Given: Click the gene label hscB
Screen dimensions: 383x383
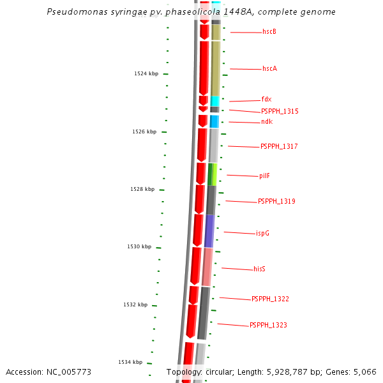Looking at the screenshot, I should pos(269,32).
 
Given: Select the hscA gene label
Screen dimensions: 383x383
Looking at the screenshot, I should pos(269,69).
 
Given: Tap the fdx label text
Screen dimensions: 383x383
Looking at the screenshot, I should pos(266,100).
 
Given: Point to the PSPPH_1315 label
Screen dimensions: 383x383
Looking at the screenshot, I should pos(280,112).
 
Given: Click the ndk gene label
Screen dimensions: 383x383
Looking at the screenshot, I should pos(266,122).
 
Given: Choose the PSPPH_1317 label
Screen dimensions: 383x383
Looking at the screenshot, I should pos(279,147).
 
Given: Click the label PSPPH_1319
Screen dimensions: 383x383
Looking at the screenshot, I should pos(276,202).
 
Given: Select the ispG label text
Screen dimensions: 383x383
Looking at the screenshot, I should pos(262,234).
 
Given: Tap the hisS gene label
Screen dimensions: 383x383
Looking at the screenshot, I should pos(259,269).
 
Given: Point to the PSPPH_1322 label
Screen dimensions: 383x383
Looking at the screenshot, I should pos(270,299).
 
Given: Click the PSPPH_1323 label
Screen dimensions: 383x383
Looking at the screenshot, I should pos(268,326).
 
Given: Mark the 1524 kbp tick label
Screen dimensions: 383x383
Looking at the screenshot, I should pos(146,74).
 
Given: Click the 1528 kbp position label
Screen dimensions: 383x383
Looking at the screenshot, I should pos(142,190).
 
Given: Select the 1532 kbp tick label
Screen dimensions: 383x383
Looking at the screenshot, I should pos(135,305).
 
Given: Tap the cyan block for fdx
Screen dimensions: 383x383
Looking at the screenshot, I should pos(215,101).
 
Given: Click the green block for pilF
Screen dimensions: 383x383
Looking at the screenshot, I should pos(213,174).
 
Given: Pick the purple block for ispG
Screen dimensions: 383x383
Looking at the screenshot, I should pos(209,231).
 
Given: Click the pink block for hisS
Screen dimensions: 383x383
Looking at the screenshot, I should pos(207,267).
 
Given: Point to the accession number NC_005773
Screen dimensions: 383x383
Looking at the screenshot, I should pos(49,372).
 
